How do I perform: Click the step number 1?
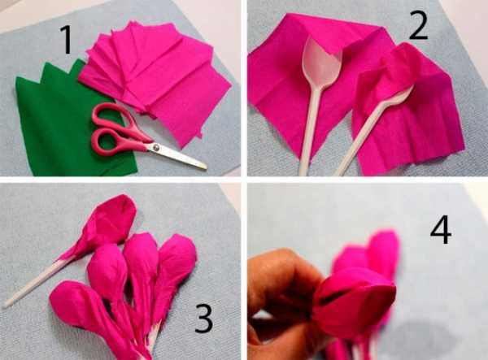tap(67, 40)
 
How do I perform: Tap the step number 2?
tap(419, 26)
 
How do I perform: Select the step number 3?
tap(204, 319)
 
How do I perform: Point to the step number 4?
tap(441, 230)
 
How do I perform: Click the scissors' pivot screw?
tap(156, 146)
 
